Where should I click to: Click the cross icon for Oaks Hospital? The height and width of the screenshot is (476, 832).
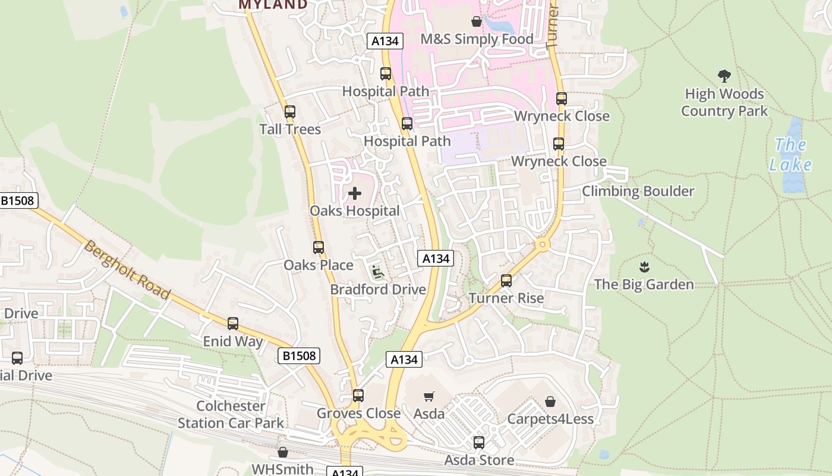[x=355, y=193]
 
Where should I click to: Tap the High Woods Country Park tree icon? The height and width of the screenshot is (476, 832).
[x=724, y=76]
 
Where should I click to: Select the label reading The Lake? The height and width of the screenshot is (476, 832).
[x=790, y=154]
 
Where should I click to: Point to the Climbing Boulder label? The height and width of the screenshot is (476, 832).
[x=638, y=191]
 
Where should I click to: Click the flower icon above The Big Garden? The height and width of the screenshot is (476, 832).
[x=644, y=267]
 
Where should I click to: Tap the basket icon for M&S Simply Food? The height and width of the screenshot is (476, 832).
[x=476, y=22]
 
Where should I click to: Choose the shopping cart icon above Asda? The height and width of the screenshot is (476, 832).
[x=429, y=396]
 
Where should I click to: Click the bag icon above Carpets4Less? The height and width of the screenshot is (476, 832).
[x=550, y=402]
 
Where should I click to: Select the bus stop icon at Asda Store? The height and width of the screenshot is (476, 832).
[x=479, y=443]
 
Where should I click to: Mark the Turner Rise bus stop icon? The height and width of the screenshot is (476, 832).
[x=506, y=280]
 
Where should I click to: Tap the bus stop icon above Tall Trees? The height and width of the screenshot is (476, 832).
[x=290, y=112]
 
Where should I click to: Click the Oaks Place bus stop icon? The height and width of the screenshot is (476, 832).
[x=319, y=248]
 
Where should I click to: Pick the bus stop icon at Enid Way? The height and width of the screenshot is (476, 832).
[x=233, y=324]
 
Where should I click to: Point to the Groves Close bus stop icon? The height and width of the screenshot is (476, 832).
[x=358, y=396]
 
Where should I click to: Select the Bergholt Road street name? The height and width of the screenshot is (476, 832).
[x=127, y=270]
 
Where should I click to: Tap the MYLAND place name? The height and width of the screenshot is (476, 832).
[x=273, y=5]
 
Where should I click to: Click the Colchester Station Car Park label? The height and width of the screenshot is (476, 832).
[x=231, y=415]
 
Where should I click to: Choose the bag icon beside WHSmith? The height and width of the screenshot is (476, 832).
[x=283, y=452]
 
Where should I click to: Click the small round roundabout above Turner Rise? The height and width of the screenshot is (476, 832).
[x=541, y=245]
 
